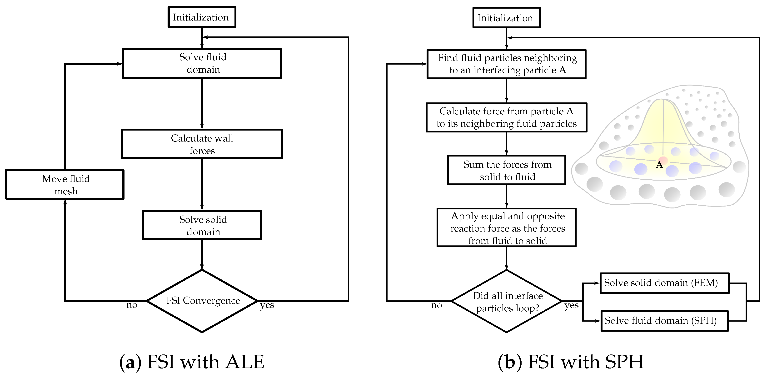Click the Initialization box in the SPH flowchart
pyautogui.click(x=506, y=18)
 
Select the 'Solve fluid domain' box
pyautogui.click(x=202, y=63)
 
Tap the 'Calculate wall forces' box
pyautogui.click(x=202, y=144)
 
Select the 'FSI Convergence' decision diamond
pyautogui.click(x=202, y=301)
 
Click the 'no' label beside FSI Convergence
pyautogui.click(x=132, y=305)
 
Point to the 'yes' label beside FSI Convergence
pyautogui.click(x=267, y=305)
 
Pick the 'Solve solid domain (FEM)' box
pyautogui.click(x=664, y=283)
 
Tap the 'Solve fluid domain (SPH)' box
pyautogui.click(x=664, y=321)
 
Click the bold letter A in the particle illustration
pyautogui.click(x=659, y=164)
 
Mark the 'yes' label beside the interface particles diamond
pyautogui.click(x=571, y=305)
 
